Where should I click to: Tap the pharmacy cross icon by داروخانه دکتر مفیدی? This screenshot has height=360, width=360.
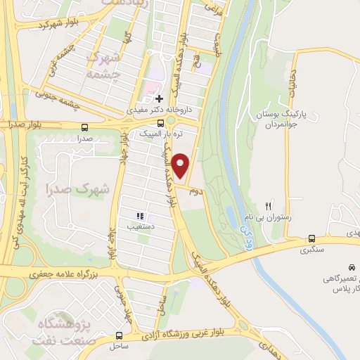tap(160, 98)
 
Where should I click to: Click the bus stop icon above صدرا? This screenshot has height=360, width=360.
tap(85, 127)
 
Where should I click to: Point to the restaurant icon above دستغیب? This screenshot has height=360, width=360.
tap(141, 216)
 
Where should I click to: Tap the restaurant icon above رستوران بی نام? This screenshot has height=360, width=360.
tap(267, 206)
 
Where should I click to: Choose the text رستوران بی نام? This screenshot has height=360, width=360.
tap(267, 218)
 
